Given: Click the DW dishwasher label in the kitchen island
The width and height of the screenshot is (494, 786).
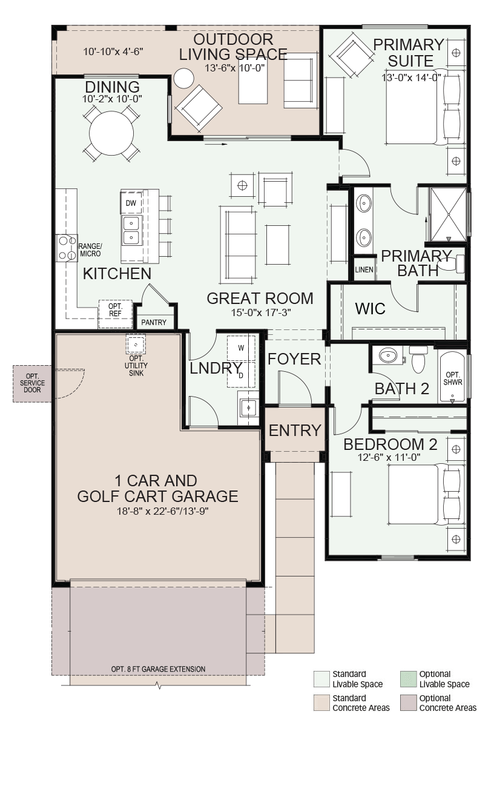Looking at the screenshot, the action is [131, 203].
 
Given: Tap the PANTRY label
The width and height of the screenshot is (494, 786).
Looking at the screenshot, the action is [154, 322].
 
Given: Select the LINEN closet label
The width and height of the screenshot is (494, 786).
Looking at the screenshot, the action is [364, 270].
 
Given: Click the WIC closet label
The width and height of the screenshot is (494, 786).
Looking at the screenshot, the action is [370, 309].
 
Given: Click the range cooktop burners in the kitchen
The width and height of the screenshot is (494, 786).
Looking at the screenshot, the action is [67, 248].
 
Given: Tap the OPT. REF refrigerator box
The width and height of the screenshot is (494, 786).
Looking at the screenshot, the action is [116, 314].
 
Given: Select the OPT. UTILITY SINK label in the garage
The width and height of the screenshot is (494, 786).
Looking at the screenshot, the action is [136, 366].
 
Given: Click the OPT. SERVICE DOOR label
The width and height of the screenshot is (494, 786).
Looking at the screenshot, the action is [32, 383].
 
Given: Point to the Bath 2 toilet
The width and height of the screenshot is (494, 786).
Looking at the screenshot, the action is [418, 358].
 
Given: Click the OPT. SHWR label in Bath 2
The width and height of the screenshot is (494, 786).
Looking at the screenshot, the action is [453, 378].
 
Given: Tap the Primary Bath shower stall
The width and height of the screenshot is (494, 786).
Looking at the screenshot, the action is [449, 214].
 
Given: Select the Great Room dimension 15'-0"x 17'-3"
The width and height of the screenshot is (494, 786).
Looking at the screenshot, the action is [261, 312].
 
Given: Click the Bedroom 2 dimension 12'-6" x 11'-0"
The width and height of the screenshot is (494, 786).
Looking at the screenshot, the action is [389, 457].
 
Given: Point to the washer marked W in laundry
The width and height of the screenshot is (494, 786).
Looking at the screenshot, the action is [241, 348].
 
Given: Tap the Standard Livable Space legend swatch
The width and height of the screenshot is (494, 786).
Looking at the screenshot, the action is [321, 679].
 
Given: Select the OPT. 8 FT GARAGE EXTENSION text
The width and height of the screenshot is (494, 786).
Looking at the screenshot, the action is [158, 669].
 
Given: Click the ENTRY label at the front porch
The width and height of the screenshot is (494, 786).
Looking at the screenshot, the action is [295, 430].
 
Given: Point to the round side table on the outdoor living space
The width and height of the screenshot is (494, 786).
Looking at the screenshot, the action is [184, 78].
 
